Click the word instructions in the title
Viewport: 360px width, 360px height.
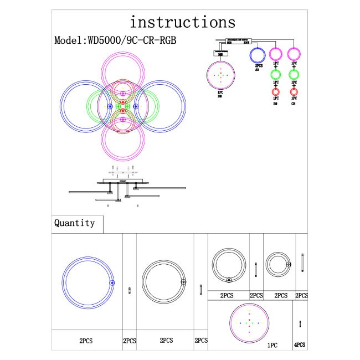[182, 22]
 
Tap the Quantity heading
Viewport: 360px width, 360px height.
[74, 223]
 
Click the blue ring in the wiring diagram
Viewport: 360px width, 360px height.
[258, 55]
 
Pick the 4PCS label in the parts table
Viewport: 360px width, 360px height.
[300, 344]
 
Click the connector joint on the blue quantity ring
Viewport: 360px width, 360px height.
[111, 282]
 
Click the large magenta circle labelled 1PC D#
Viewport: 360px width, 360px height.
[220, 76]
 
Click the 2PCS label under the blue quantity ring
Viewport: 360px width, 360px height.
[86, 341]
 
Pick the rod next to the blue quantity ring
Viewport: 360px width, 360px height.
[129, 291]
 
